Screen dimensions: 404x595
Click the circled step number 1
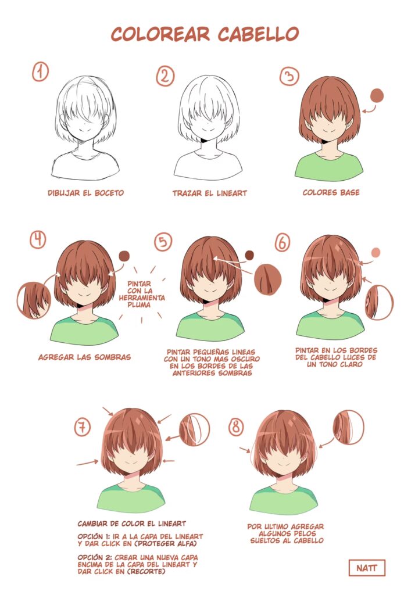pyautogui.click(x=40, y=72)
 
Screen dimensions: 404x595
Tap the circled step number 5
pyautogui.click(x=163, y=242)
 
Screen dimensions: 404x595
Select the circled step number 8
pyautogui.click(x=236, y=427)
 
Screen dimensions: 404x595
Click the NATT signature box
pyautogui.click(x=366, y=568)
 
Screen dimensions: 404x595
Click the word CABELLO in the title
pyautogui.click(x=258, y=34)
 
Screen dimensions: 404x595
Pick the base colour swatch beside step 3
pyautogui.click(x=377, y=96)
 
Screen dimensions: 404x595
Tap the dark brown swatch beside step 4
pyautogui.click(x=124, y=256)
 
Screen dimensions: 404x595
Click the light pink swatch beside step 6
pyautogui.click(x=376, y=252)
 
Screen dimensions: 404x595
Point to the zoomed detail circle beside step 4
pyautogui.click(x=34, y=300)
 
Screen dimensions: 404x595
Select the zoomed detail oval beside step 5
pyautogui.click(x=268, y=279)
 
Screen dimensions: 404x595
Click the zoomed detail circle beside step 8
pyautogui.click(x=349, y=427)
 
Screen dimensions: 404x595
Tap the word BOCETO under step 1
pyautogui.click(x=109, y=193)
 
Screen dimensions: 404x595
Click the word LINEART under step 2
pyautogui.click(x=231, y=193)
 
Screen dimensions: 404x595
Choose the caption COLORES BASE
pyautogui.click(x=331, y=192)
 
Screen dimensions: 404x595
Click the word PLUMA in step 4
pyautogui.click(x=139, y=304)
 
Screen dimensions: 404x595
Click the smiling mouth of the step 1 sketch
pyautogui.click(x=85, y=131)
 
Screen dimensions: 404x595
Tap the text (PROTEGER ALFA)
pyautogui.click(x=166, y=544)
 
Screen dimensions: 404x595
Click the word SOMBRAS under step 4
pyautogui.click(x=112, y=357)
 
